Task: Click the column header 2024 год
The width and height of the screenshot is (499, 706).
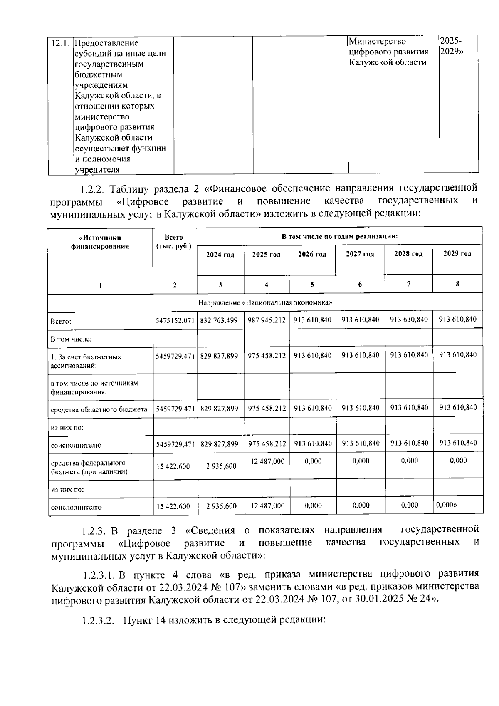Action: (220, 255)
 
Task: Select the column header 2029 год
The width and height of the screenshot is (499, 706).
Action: (457, 253)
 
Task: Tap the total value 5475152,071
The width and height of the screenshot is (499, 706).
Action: (175, 321)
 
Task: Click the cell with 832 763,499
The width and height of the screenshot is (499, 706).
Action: (219, 320)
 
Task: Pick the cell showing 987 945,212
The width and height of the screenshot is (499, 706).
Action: (267, 320)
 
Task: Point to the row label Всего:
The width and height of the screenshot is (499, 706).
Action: (61, 322)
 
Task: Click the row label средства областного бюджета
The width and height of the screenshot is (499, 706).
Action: (99, 409)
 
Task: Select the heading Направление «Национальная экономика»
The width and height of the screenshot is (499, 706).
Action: (265, 302)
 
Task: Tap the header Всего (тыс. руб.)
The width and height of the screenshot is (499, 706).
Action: (174, 242)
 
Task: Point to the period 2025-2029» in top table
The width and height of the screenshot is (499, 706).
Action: (451, 46)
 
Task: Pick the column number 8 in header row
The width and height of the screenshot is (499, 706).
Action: (457, 284)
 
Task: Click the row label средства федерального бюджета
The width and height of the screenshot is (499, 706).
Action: (88, 467)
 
